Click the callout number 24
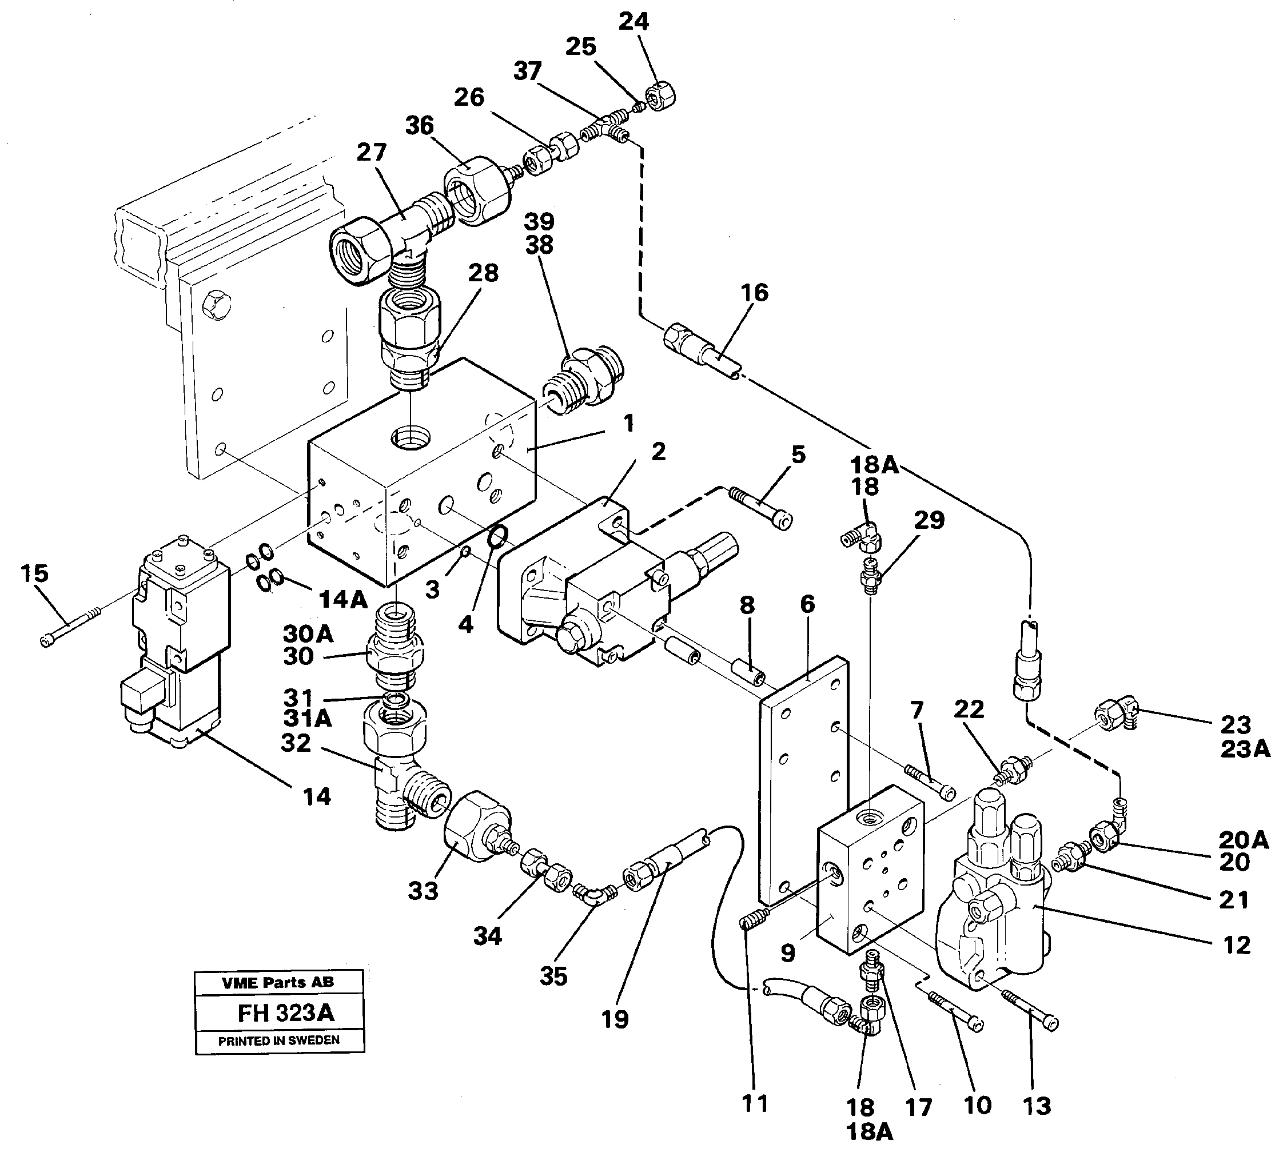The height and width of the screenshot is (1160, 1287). pos(633,22)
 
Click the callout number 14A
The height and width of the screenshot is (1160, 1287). pos(343,599)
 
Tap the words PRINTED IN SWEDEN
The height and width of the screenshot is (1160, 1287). pos(279,1041)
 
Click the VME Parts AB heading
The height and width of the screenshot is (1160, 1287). pos(278,982)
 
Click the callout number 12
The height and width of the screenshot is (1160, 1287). pos(1237,944)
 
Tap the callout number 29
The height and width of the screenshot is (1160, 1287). pos(929,520)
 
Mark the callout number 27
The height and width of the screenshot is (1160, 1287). pos(371,152)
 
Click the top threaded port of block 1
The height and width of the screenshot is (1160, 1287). pos(411,438)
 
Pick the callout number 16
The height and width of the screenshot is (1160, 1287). pos(755,293)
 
